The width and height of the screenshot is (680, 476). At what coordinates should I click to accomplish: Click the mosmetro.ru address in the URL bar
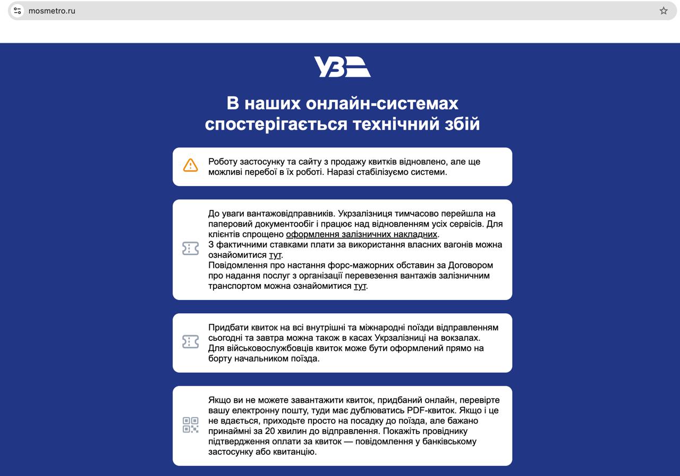point(52,11)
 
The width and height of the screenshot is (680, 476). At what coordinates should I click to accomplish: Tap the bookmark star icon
point(664,11)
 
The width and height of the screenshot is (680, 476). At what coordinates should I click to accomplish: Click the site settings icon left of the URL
point(18,11)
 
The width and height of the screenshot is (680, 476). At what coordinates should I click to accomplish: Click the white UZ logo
point(342,67)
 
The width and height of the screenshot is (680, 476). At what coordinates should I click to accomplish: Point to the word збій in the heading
point(461,123)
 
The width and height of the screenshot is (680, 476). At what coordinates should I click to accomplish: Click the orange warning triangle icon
point(190,165)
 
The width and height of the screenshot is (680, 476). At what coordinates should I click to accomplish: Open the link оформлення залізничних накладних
point(361,234)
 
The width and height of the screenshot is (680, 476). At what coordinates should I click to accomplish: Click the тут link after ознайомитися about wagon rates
point(275,255)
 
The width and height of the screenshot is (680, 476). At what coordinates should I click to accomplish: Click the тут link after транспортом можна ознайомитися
point(360,286)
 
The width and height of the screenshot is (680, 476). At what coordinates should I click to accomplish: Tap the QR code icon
point(190,425)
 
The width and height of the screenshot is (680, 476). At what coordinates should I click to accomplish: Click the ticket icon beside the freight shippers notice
point(190,248)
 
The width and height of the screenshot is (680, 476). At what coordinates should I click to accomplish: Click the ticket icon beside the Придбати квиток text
point(190,341)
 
